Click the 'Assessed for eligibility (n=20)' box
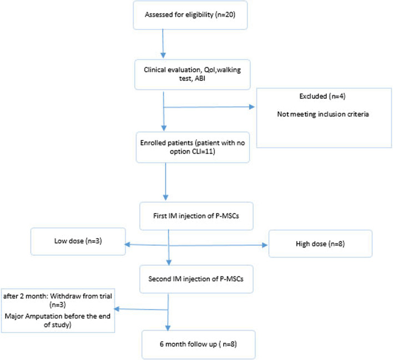(x=190, y=15)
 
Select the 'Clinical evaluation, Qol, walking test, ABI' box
(x=192, y=74)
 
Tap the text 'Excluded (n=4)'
(x=323, y=96)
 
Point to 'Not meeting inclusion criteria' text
(x=323, y=114)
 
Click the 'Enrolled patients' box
(x=193, y=148)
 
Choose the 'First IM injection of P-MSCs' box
(x=196, y=216)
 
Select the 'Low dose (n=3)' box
(x=78, y=241)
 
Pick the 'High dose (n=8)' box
(x=320, y=244)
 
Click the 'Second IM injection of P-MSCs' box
(x=196, y=279)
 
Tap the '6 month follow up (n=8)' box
(x=198, y=344)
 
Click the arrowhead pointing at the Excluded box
(x=251, y=107)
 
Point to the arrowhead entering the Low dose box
(x=128, y=244)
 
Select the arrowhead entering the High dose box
(x=265, y=245)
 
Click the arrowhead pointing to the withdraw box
(x=117, y=309)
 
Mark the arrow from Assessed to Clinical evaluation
(x=163, y=44)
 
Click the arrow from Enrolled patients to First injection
(x=165, y=181)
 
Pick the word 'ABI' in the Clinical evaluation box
(x=200, y=78)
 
